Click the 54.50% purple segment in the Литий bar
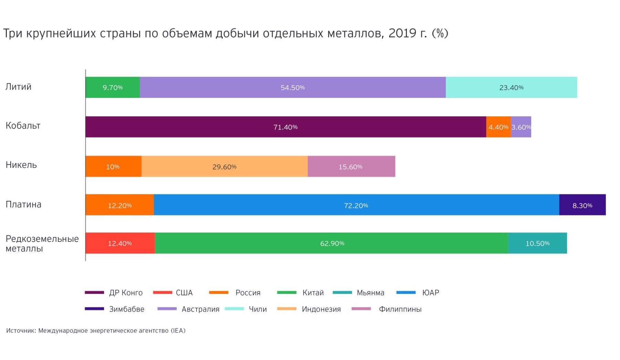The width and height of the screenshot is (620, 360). coord(292,88)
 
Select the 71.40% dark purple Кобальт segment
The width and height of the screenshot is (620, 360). coord(285,127)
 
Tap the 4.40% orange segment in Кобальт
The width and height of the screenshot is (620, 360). coord(498,127)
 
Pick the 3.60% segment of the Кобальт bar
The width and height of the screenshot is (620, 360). coord(521,127)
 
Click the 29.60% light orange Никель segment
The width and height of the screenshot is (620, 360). coord(224,167)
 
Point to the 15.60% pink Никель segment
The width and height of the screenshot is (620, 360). coord(351,167)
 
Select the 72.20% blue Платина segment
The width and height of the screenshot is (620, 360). coord(356,205)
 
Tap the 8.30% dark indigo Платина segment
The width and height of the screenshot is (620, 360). coord(582,205)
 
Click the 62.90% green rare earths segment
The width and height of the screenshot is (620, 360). coord(332,243)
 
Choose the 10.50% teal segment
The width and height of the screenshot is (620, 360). coord(537,243)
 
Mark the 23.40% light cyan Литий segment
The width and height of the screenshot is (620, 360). coord(511,88)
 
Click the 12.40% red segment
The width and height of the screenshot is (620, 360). coord(120,243)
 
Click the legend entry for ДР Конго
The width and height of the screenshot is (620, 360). coord(125,293)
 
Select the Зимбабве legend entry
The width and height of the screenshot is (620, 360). coord(126,309)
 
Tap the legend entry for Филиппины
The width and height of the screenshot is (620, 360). coord(400,309)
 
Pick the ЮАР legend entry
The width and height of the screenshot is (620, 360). coord(430,293)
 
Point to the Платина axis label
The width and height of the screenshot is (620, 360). coord(23,204)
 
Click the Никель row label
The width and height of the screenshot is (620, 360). coord(21,165)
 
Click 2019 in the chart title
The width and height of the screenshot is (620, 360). coord(403,33)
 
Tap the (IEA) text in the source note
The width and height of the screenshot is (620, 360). coord(178,331)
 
